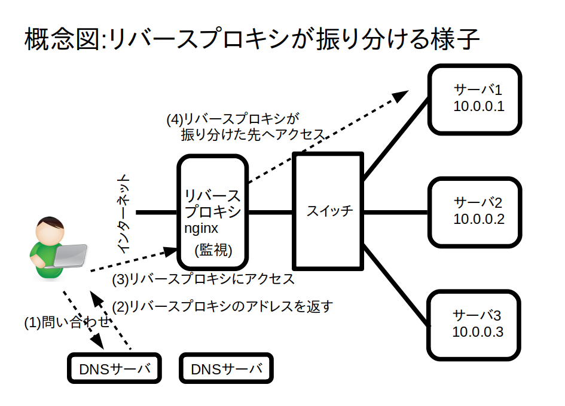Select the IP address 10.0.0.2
pos(478,219)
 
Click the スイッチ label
pos(329,211)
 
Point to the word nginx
pos(201,229)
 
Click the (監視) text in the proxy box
pos(213,250)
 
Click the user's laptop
pos(69,256)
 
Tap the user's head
pos(50,230)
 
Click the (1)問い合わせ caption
pos(67,322)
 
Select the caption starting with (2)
pos(222,307)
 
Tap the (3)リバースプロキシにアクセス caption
pos(203,279)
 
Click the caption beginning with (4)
pos(246,127)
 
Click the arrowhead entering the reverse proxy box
pos(170,251)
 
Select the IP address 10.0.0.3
pos(478,332)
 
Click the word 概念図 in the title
pos(62,39)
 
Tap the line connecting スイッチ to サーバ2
pos(395,213)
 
